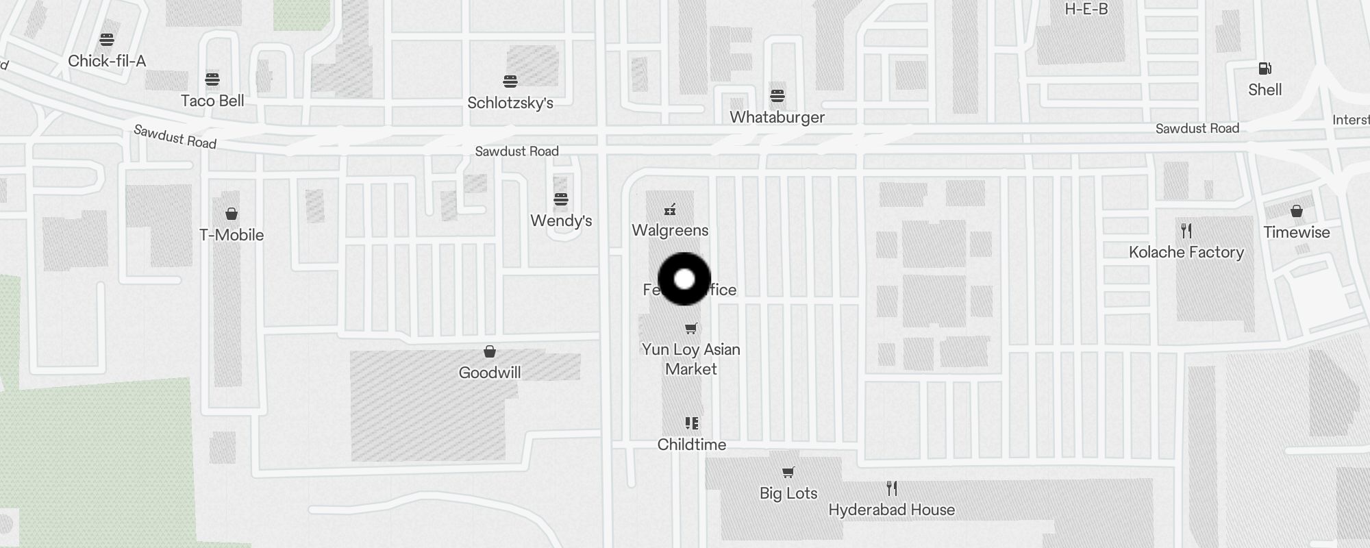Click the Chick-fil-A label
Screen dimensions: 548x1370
pos(107,61)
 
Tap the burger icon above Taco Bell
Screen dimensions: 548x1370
pos(212,79)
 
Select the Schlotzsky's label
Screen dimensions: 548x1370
pos(510,103)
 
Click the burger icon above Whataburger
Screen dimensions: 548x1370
pos(777,96)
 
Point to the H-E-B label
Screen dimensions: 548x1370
pos(1086,10)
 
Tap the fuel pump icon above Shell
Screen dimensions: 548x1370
pos(1265,68)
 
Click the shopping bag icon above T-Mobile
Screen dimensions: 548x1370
pos(232,214)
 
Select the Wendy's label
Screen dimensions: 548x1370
pos(561,221)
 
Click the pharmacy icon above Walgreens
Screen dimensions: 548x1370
pos(670,210)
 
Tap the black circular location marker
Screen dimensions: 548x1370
pos(684,279)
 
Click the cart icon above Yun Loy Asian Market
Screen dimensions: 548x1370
pos(691,329)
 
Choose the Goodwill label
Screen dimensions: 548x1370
pos(490,373)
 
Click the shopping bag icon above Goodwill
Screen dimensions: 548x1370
pos(490,351)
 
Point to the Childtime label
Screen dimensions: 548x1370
pos(691,445)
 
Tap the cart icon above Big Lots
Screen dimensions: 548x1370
pos(788,472)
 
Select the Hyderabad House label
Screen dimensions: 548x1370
pos(891,510)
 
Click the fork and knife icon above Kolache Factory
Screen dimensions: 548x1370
pos(1186,231)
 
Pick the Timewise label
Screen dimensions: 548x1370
pos(1296,232)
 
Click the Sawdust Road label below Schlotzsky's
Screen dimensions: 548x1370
pos(517,151)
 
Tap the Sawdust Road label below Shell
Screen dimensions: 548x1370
pos(1197,129)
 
